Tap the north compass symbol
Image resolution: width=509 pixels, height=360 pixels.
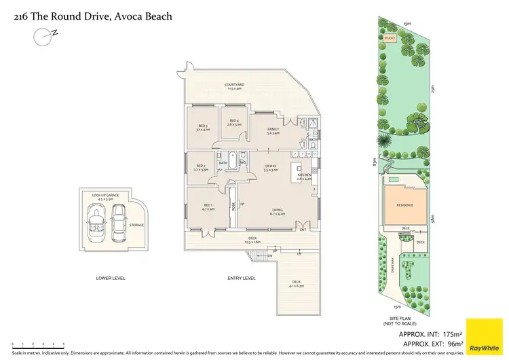click(44, 36)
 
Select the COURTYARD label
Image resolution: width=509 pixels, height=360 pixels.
click(235, 86)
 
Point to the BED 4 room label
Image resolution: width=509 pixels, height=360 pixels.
click(234, 122)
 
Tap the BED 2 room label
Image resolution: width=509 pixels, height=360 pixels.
click(201, 167)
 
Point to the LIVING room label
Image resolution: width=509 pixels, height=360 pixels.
click(278, 211)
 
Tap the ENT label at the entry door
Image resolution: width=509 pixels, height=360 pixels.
click(303, 230)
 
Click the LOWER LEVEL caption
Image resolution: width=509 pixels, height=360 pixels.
click(110, 278)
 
